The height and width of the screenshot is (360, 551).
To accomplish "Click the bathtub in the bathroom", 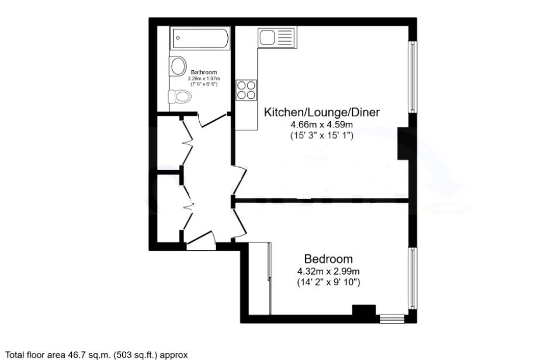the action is point(200,38).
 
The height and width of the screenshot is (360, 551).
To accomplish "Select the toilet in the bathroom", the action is point(180,96).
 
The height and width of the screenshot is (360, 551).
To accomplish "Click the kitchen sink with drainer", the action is point(277,37).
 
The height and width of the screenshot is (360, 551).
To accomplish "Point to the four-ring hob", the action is point(247,89).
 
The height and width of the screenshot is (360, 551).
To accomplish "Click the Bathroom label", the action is point(204,72).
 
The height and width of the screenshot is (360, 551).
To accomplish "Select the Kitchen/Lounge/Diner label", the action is point(321,112).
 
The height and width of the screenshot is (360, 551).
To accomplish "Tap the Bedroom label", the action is point(328,259).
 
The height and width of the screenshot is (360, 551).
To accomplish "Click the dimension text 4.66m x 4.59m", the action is point(321,124).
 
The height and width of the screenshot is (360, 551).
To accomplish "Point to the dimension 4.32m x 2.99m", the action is point(328,271).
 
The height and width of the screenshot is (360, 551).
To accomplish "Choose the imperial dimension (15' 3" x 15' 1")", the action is point(321,136).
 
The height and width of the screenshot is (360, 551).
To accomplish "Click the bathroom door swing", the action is point(213,120).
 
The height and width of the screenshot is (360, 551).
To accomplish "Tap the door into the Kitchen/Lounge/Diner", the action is point(240,181).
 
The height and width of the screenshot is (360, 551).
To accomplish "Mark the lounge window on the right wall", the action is point(413,77).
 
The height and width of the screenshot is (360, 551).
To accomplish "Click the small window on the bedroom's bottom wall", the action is point(392,319).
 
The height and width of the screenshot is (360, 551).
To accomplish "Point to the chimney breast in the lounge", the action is point(403,143).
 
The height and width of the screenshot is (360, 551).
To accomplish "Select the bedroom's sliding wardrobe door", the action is point(269,278).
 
